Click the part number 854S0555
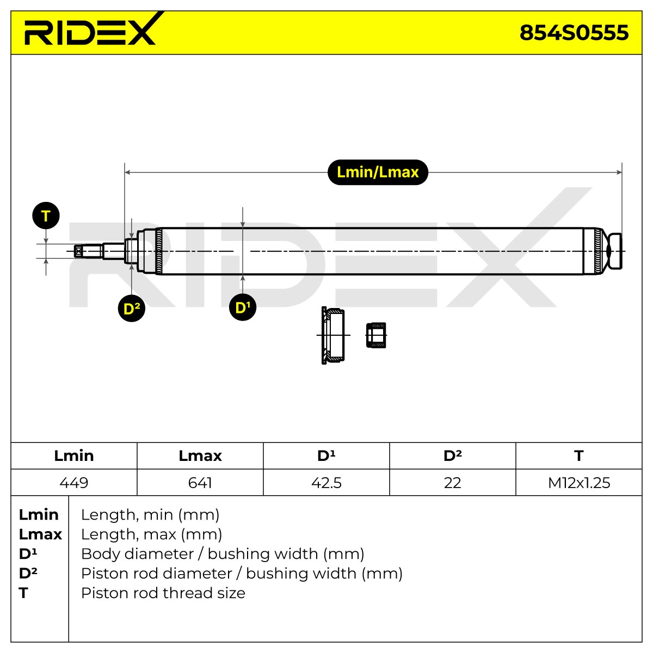(574, 33)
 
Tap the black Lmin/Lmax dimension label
(378, 172)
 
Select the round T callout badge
(46, 215)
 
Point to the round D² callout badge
(132, 309)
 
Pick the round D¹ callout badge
(243, 307)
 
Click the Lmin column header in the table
(74, 456)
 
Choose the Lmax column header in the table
(200, 456)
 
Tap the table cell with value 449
(74, 483)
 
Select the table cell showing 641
(200, 483)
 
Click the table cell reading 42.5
(326, 483)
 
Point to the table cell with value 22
(452, 483)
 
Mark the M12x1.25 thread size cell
(579, 483)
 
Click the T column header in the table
(579, 456)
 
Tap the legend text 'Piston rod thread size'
(163, 593)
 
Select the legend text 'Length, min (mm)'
(150, 515)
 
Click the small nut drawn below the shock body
(376, 335)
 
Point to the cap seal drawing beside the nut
(333, 336)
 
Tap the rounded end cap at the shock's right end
(614, 251)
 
